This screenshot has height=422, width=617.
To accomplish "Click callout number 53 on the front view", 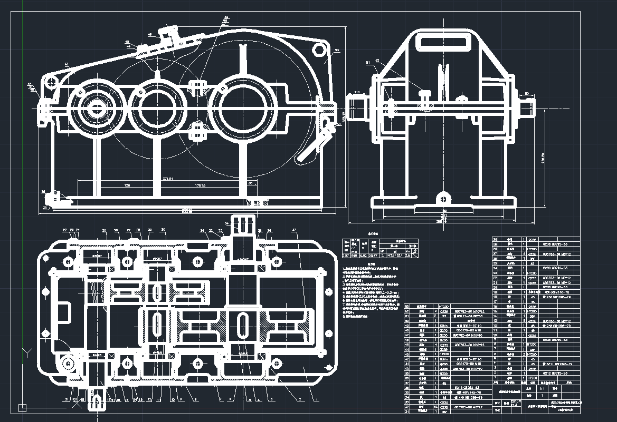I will pyautogui.click(x=337, y=51).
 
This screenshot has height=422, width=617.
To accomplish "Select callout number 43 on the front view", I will pyautogui.click(x=66, y=64).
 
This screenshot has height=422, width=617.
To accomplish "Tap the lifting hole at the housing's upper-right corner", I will pyautogui.click(x=319, y=50).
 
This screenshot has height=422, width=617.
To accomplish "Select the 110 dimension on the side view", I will pyautogui.click(x=357, y=92).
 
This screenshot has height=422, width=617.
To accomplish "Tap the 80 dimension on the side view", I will pyautogui.click(x=526, y=94).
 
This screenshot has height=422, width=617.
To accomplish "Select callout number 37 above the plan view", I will pyautogui.click(x=294, y=230).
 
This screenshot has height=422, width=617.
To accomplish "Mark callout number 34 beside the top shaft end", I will pyautogui.click(x=227, y=224).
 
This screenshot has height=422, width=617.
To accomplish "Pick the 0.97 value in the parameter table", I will pyautogui.click(x=347, y=256).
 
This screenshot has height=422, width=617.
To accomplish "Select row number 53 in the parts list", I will pyautogui.click(x=407, y=306).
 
